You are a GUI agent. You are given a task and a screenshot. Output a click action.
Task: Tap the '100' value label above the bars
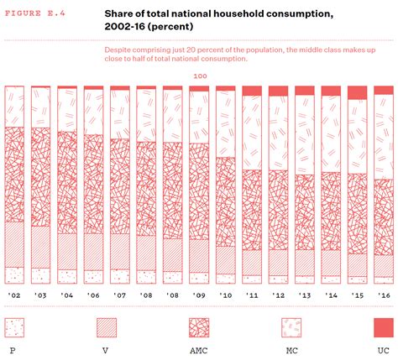pos(200,76)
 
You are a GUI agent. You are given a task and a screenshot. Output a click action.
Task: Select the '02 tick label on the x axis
pos(14,295)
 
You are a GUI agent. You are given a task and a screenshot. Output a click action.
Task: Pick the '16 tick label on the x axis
pos(383,295)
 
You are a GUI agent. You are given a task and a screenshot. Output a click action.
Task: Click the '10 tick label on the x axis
pos(225,295)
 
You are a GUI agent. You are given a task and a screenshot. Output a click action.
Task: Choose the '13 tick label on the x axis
pos(304,295)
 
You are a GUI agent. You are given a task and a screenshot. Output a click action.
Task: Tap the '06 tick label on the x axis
pos(93,295)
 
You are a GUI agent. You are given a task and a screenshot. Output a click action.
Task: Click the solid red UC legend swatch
pos(382,327)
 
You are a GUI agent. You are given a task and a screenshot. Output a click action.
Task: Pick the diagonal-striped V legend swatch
pos(107,327)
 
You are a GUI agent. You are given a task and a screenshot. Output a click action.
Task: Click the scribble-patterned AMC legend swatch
pos(198,327)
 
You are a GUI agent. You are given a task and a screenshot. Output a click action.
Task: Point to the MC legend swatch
pos(291,327)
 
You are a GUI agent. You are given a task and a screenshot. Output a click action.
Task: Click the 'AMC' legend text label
pos(198,349)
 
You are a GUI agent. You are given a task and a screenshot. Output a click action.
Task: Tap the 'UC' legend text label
pos(382,349)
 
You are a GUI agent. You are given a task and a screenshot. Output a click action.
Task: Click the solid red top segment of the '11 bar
pos(251,90)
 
